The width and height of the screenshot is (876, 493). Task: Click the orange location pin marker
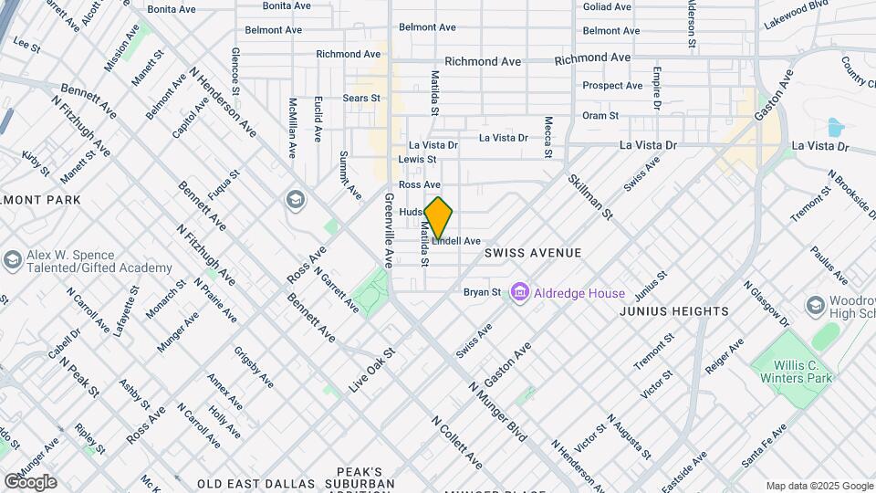pyautogui.click(x=439, y=217)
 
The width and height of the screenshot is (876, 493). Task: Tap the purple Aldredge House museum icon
pyautogui.click(x=520, y=293)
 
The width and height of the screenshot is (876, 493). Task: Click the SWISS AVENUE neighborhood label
pyautogui.click(x=533, y=252)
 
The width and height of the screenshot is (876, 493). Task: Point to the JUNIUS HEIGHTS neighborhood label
pyautogui.click(x=674, y=311)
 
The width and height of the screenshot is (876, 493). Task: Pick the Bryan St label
pyautogui.click(x=482, y=293)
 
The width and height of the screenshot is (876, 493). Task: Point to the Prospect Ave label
pyautogui.click(x=612, y=86)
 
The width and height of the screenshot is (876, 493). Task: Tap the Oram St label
pyautogui.click(x=600, y=116)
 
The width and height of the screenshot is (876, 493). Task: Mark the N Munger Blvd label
pyautogui.click(x=498, y=412)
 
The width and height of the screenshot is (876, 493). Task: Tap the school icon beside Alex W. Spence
pyautogui.click(x=12, y=260)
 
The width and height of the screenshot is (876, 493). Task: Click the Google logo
pyautogui.click(x=29, y=481)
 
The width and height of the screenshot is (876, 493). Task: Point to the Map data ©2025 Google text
pyautogui.click(x=819, y=486)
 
